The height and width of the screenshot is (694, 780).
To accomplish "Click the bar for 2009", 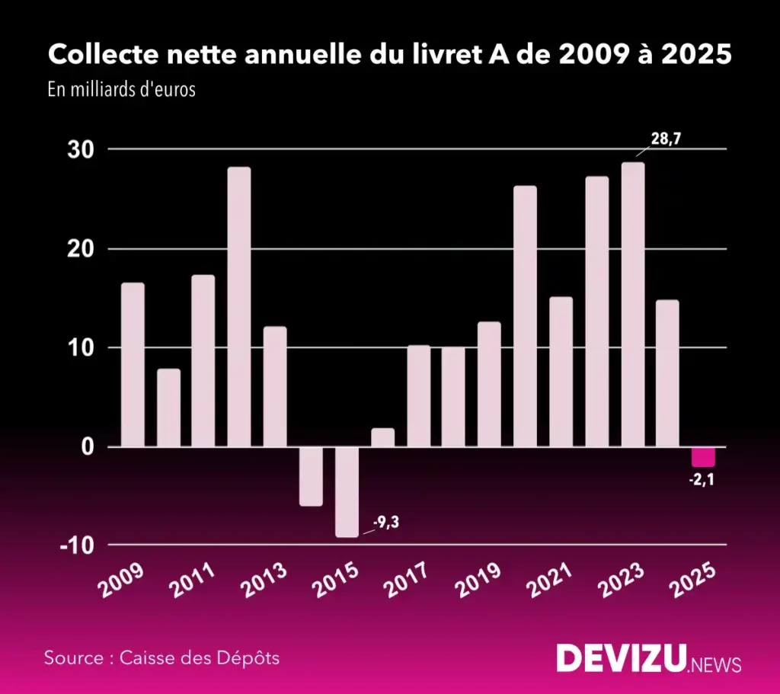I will click(x=133, y=364).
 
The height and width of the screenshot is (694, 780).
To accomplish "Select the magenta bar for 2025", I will click(x=703, y=456).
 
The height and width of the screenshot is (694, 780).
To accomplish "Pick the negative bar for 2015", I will click(x=347, y=491).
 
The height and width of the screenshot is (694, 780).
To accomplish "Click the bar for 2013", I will click(x=275, y=386).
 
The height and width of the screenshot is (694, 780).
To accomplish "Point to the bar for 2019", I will click(x=489, y=384).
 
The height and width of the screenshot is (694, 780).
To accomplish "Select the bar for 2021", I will click(x=561, y=372).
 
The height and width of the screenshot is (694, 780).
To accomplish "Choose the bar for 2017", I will click(x=418, y=395).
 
